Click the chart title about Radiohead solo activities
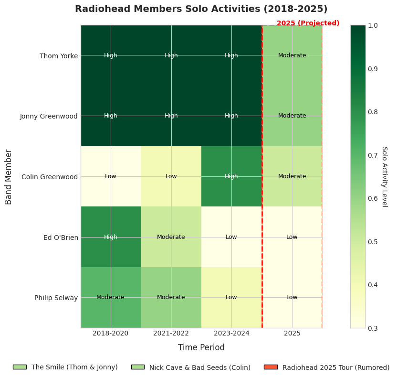pos(201,9)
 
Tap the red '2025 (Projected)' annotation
pos(308,23)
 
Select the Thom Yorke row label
pos(58,56)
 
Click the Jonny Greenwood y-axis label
pos(49,116)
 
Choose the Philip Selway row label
pos(56,298)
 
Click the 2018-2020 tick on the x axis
pos(111,333)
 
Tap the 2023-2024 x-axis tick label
pos(231,333)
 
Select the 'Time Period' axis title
pos(201,347)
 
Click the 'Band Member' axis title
pos(9,177)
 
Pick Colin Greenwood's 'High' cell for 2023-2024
pos(231,176)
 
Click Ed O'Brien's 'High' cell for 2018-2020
pos(111,237)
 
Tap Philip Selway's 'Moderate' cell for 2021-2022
pos(171,297)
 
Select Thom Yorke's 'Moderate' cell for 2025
pos(292,55)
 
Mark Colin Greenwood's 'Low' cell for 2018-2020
pos(111,176)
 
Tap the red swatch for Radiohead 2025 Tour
pos(270,367)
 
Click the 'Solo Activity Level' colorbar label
pos(384,176)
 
